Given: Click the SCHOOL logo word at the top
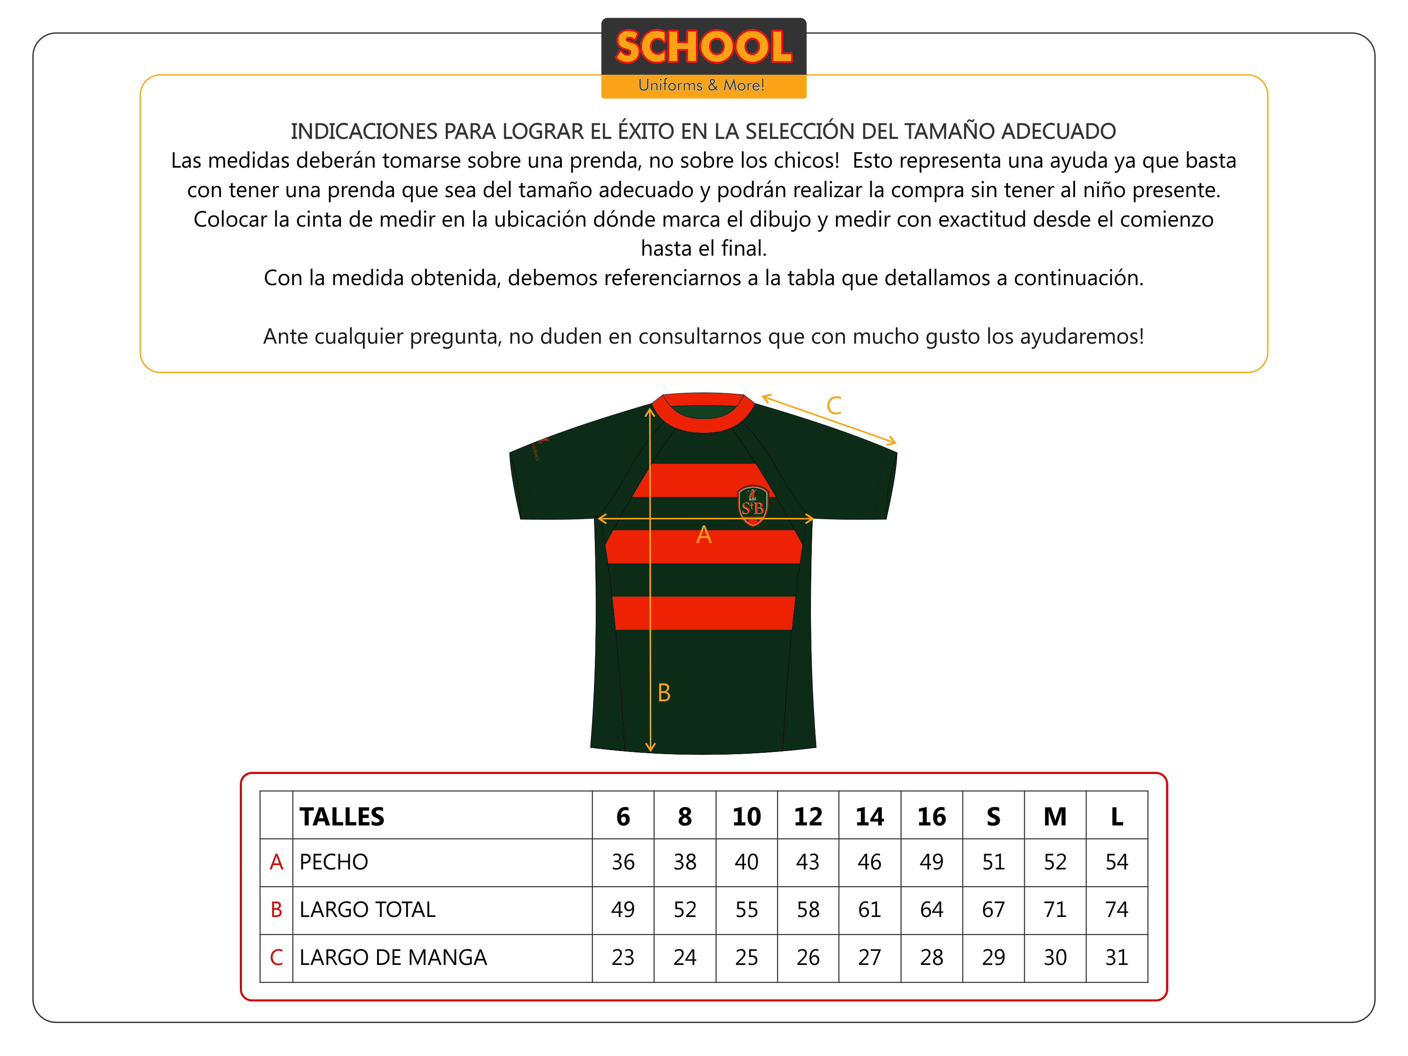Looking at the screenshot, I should pyautogui.click(x=704, y=47).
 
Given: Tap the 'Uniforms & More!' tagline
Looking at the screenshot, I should pyautogui.click(x=701, y=85).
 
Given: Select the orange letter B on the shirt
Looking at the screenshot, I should pyautogui.click(x=664, y=693).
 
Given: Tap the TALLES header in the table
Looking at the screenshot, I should pyautogui.click(x=342, y=817).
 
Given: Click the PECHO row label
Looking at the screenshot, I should pyautogui.click(x=334, y=862).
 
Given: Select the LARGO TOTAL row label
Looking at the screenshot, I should pyautogui.click(x=367, y=909).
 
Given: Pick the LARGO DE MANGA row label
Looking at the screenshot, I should pyautogui.click(x=393, y=957).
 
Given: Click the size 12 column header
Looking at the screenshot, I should pyautogui.click(x=808, y=817).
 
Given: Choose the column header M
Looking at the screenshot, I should pyautogui.click(x=1055, y=817).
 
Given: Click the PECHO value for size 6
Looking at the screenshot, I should pyautogui.click(x=623, y=862).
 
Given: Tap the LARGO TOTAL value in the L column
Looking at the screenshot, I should pyautogui.click(x=1116, y=909).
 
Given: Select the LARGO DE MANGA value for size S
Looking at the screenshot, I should pyautogui.click(x=993, y=957).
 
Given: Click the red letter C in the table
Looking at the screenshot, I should pyautogui.click(x=276, y=957).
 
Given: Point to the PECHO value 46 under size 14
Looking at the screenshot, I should pyautogui.click(x=869, y=862).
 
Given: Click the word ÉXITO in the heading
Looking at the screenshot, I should pyautogui.click(x=645, y=131).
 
